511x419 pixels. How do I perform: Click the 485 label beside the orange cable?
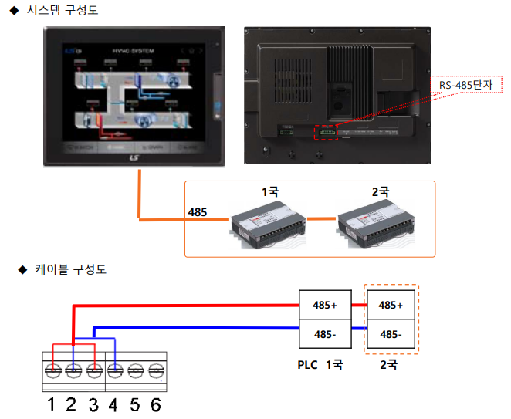click(x=198, y=211)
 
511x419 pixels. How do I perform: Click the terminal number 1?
click(x=52, y=405)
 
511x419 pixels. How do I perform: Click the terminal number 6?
click(x=157, y=405)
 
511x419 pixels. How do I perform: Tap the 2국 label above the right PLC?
click(x=383, y=190)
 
